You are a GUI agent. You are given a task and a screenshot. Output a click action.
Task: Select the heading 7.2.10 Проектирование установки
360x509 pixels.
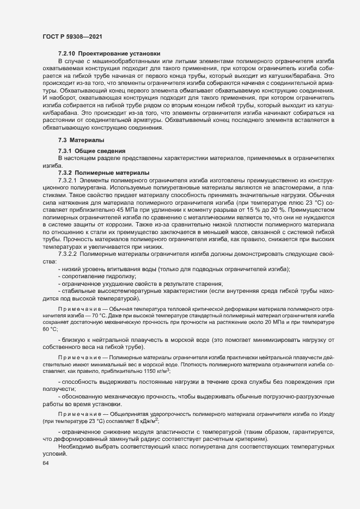tap(109, 53)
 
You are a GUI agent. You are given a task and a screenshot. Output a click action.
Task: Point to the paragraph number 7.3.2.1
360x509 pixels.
tap(68, 180)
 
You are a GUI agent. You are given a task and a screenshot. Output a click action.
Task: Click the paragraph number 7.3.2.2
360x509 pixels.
tap(68, 254)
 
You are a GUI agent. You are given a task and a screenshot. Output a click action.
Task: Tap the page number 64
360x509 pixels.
tap(45, 463)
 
